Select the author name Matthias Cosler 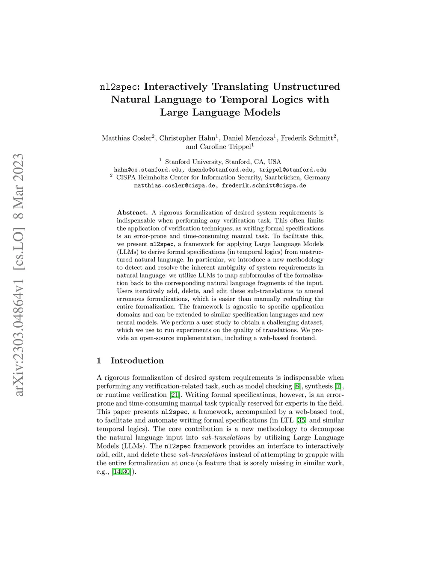coord(126,138)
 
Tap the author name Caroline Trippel coord(225,147)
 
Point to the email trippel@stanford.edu coord(293,170)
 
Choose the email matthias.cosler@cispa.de coord(176,186)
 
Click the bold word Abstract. coord(132,212)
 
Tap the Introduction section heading coord(137,361)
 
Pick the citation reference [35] coord(301,420)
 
